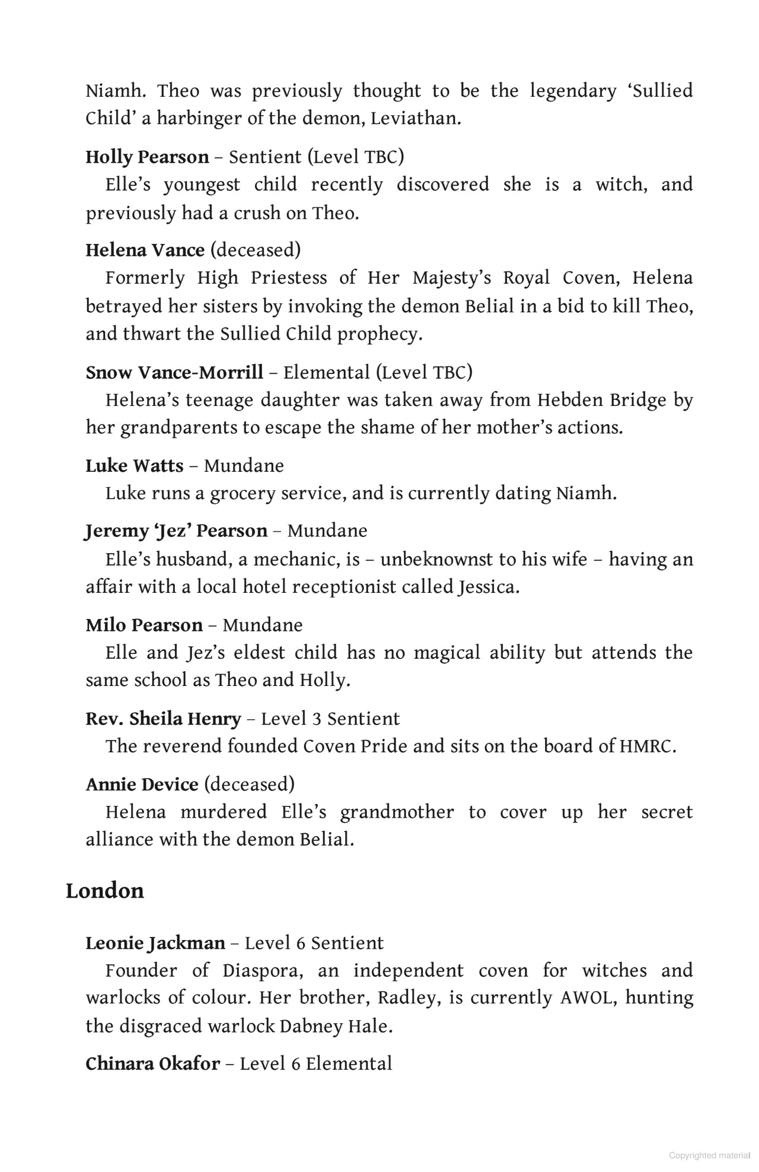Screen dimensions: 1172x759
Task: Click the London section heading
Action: [105, 891]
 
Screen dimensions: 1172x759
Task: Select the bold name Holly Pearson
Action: [147, 157]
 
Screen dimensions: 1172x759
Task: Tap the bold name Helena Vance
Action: [145, 250]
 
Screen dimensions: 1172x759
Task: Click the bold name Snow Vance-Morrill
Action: [174, 373]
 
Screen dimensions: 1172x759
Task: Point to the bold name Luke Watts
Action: [134, 466]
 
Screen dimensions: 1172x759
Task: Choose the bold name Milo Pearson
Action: [144, 625]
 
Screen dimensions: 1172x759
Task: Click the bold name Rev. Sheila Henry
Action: [163, 719]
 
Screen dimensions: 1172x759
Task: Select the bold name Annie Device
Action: [142, 784]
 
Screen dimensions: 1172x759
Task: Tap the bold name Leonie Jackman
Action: [155, 943]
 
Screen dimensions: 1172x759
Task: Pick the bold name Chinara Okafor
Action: [152, 1063]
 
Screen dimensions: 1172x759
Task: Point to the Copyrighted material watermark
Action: [709, 1155]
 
